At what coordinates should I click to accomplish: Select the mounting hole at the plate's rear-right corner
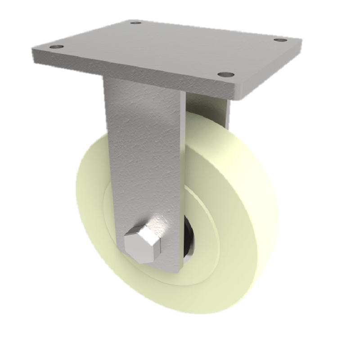(x=280, y=40)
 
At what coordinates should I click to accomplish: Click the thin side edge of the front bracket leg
(x=182, y=180)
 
